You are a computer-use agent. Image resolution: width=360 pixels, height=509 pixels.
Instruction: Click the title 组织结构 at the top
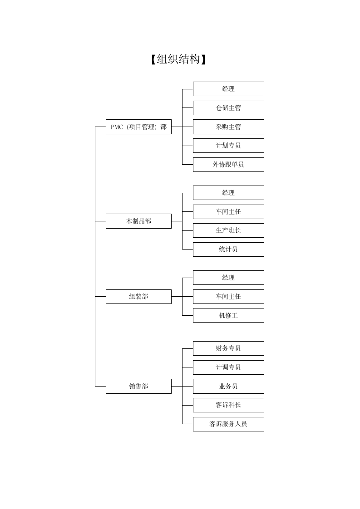point(178,59)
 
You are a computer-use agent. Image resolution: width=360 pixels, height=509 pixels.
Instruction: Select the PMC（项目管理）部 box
point(138,127)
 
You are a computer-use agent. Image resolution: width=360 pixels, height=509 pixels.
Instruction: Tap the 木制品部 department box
point(138,221)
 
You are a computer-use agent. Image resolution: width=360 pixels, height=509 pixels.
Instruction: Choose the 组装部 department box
point(138,297)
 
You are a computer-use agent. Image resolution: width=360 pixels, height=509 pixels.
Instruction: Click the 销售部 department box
point(138,387)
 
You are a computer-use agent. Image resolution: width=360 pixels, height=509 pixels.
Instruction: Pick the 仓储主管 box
point(228,108)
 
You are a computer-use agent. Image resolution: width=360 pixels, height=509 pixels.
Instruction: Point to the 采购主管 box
point(228,127)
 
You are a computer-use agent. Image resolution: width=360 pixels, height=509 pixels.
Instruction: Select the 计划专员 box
point(228,146)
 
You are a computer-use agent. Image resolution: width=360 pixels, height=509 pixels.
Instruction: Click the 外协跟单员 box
point(228,165)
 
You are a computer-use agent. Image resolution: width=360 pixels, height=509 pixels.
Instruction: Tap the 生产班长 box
point(228,230)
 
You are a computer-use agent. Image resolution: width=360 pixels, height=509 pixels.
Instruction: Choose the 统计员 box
point(228,250)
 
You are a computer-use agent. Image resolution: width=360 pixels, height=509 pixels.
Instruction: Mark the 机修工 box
point(228,315)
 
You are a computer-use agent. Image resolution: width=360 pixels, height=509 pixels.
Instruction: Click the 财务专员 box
point(228,348)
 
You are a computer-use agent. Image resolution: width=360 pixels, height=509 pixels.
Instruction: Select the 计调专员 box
point(228,367)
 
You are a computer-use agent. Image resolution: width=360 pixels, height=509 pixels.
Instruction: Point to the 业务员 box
point(228,387)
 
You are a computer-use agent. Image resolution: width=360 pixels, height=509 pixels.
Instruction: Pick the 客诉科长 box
point(228,405)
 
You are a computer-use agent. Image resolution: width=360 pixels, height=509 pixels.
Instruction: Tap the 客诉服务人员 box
point(228,424)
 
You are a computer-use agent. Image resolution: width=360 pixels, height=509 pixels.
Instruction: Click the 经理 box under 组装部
point(228,278)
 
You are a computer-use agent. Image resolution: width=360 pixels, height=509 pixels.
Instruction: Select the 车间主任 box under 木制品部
point(228,212)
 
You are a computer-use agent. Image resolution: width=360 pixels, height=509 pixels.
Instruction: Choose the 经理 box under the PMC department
point(228,89)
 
